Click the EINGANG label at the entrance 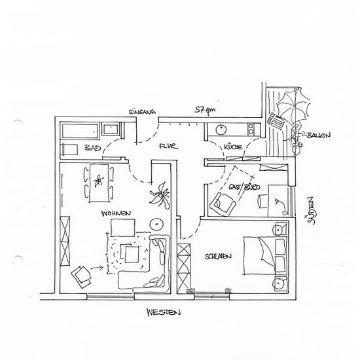click(x=142, y=112)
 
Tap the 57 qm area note click(x=206, y=110)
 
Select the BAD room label click(x=92, y=148)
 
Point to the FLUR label click(x=168, y=146)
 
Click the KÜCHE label click(x=233, y=147)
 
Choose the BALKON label click(x=319, y=135)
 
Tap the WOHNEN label click(x=116, y=213)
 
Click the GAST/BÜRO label click(x=245, y=187)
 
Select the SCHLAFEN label click(x=218, y=257)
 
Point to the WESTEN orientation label click(x=164, y=312)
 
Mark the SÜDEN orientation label click(x=310, y=211)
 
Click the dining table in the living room click(x=99, y=183)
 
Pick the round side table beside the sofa click(x=156, y=224)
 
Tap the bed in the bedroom click(x=266, y=256)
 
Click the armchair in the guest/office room click(x=223, y=204)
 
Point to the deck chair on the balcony click(x=277, y=122)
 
